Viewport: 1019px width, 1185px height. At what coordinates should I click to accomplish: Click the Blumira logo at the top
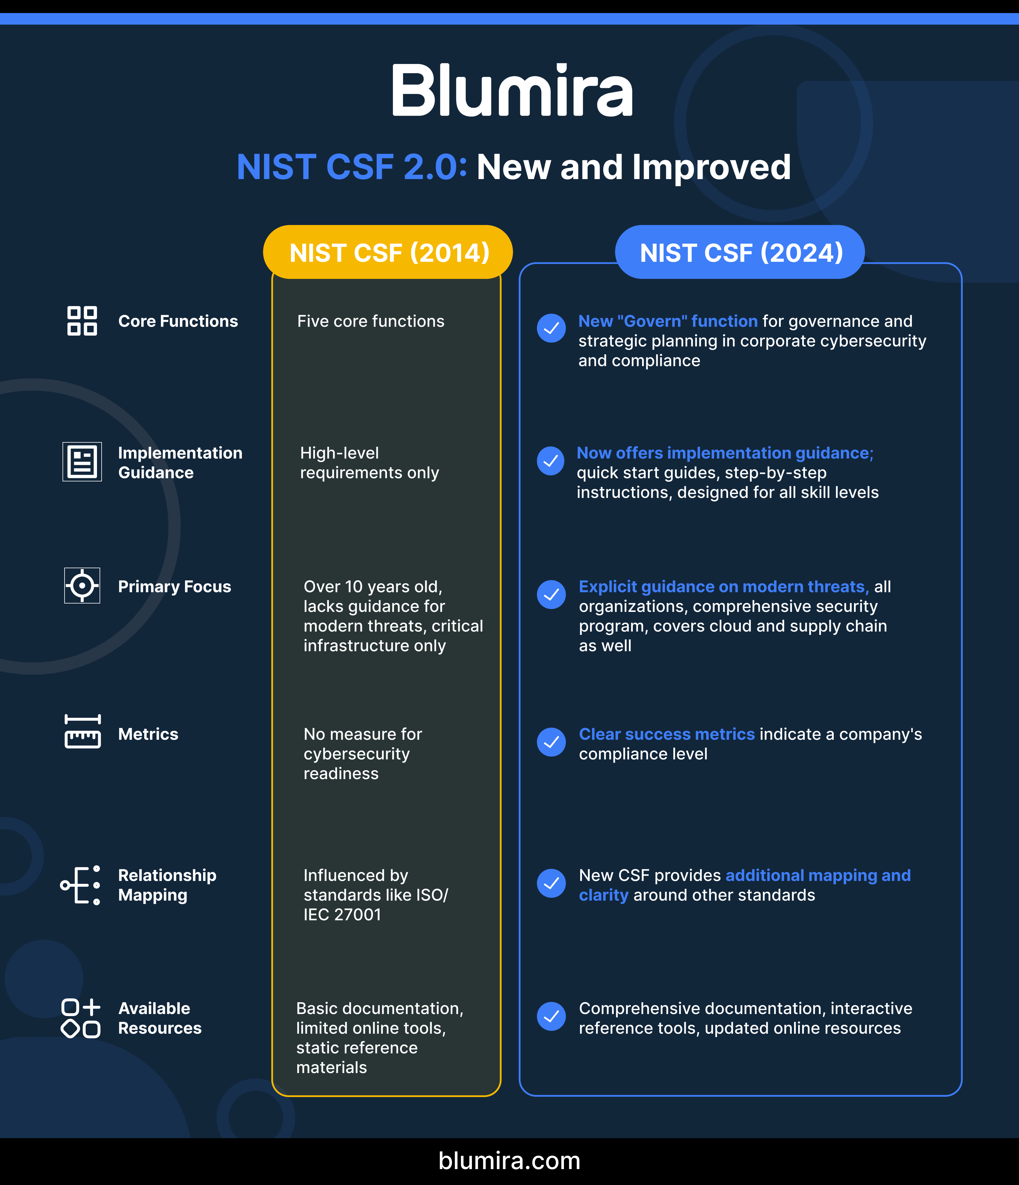[512, 90]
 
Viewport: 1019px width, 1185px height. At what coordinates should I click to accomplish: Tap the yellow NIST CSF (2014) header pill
[388, 252]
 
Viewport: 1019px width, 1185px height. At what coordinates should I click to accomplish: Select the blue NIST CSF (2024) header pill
[740, 252]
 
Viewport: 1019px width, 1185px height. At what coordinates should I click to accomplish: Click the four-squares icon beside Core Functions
[82, 321]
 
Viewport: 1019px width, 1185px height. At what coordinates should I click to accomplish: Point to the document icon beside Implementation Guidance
[82, 461]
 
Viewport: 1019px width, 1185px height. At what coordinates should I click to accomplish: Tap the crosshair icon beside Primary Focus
[82, 586]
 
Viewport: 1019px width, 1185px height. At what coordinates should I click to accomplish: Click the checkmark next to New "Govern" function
[551, 328]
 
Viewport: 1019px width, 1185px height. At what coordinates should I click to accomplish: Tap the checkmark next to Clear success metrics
[551, 742]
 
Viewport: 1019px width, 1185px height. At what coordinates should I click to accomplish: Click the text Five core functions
[371, 321]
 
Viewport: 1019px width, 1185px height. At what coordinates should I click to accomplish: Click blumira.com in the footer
[509, 1160]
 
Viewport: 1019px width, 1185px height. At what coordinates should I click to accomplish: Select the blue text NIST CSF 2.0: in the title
[352, 167]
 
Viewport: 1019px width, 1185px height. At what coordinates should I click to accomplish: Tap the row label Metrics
[148, 734]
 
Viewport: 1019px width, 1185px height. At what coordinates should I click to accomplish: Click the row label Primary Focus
[175, 587]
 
